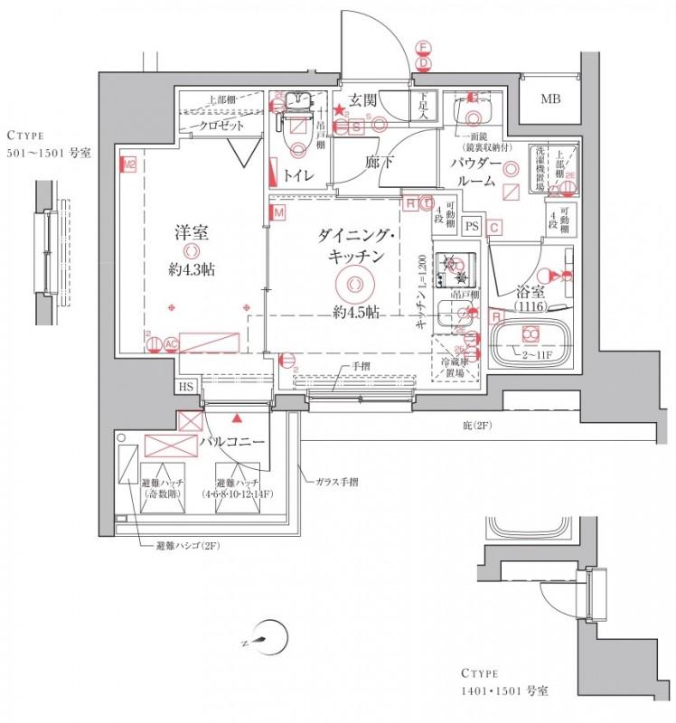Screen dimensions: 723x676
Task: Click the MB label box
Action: point(550,99)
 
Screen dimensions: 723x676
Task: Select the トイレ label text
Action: point(298,174)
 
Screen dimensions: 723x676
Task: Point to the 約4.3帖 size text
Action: point(191,268)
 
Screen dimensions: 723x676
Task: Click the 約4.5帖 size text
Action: point(354,312)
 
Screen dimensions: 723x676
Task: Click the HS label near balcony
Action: point(186,387)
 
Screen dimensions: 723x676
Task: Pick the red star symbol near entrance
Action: point(339,110)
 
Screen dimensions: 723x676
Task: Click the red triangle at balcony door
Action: point(237,418)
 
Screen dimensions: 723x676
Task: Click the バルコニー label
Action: point(232,442)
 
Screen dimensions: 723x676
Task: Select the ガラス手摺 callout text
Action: point(335,482)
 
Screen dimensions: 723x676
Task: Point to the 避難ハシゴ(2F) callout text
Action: point(182,546)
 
